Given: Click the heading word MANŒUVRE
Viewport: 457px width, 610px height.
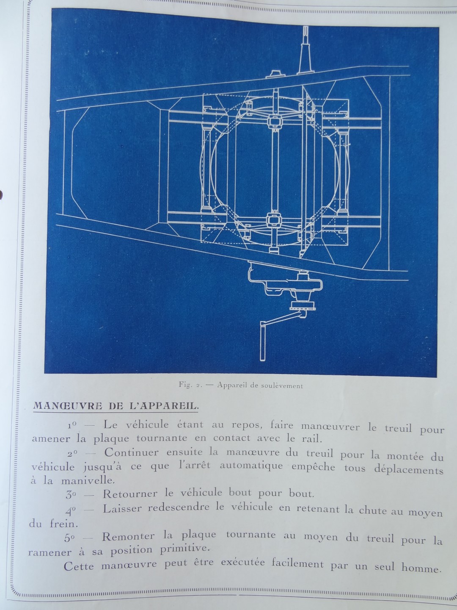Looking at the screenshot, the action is [67, 406].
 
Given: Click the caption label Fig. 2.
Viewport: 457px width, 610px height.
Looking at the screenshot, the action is [189, 386].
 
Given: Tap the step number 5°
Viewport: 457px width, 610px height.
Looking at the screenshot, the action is [69, 538].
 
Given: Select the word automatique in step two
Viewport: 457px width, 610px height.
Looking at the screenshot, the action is [251, 466].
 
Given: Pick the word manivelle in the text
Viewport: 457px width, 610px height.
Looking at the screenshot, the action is [87, 480].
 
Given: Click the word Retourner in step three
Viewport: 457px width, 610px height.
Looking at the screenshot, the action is [130, 494].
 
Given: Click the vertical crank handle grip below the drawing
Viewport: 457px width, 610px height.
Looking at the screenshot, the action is [262, 341].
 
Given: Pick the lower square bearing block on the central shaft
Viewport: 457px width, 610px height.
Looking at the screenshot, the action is [274, 221].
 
